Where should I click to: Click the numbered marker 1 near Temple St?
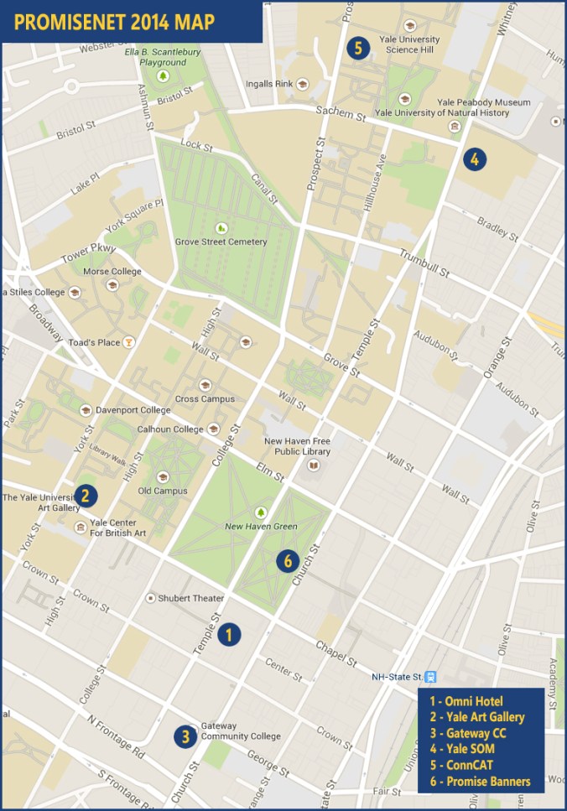(229, 635)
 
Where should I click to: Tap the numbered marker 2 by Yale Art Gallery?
(85, 496)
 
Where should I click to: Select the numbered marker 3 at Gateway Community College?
(185, 736)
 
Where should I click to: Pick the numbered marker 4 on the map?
(475, 159)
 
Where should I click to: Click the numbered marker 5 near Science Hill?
(358, 48)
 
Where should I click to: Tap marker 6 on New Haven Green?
(288, 560)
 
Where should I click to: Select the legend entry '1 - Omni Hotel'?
(466, 701)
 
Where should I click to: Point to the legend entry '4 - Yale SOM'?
(461, 749)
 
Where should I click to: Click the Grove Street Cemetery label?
(221, 242)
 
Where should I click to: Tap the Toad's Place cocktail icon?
(128, 341)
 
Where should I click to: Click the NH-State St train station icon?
(430, 677)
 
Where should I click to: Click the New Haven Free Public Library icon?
(313, 465)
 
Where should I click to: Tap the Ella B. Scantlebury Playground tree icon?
(164, 75)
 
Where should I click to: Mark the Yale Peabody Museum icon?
(454, 127)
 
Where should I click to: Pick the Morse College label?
(112, 271)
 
